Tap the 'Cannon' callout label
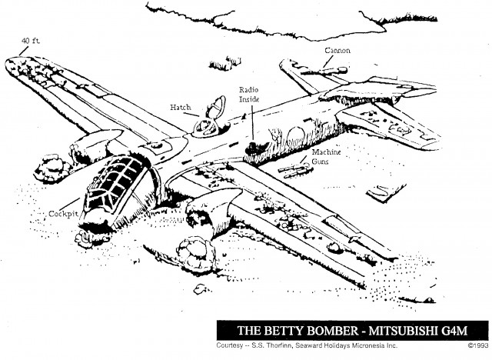(336, 51)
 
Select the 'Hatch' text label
(181, 107)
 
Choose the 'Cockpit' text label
(61, 212)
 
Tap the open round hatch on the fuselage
(209, 120)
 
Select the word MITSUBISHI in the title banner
(401, 329)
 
